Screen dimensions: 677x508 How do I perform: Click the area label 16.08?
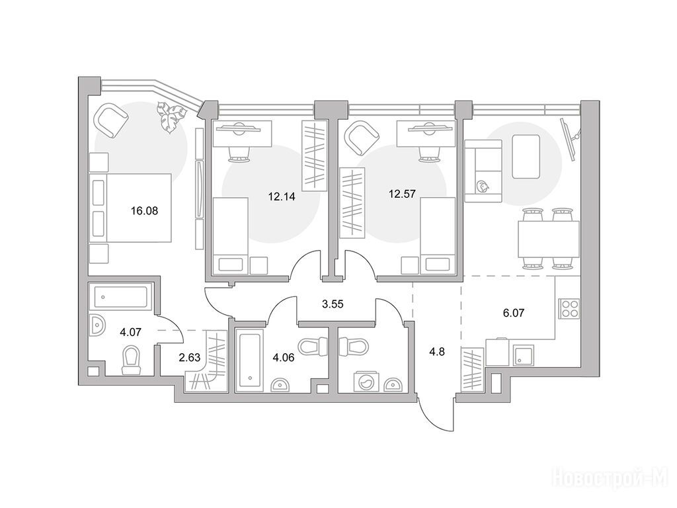click(x=144, y=211)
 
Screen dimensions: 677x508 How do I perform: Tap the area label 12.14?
click(x=282, y=197)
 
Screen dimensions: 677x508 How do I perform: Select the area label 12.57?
click(x=402, y=194)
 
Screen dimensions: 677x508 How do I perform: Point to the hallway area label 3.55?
click(x=333, y=304)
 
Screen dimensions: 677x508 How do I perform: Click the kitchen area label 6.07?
click(x=514, y=312)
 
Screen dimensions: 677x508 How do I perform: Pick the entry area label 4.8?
click(x=438, y=352)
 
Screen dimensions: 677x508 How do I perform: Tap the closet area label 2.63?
click(x=190, y=358)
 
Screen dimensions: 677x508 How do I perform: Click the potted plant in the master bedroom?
click(x=171, y=116)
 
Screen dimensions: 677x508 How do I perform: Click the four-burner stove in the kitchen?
click(x=569, y=309)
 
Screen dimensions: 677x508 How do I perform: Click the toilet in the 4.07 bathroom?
click(x=131, y=359)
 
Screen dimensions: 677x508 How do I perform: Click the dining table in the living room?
click(x=548, y=238)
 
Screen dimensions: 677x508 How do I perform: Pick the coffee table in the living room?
click(x=526, y=156)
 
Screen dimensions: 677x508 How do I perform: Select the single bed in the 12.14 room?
click(x=231, y=236)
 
